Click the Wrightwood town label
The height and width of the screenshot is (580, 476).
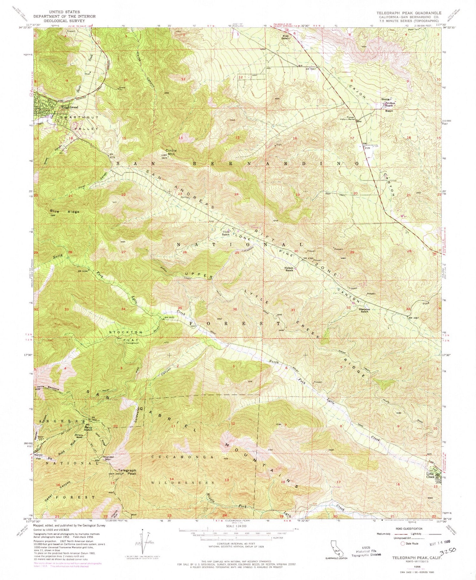coord(70,107)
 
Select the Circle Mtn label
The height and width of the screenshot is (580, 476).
coord(170,152)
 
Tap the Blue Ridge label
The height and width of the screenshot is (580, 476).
coord(60,212)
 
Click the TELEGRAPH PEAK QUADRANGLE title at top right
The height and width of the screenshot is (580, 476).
coord(409,13)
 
